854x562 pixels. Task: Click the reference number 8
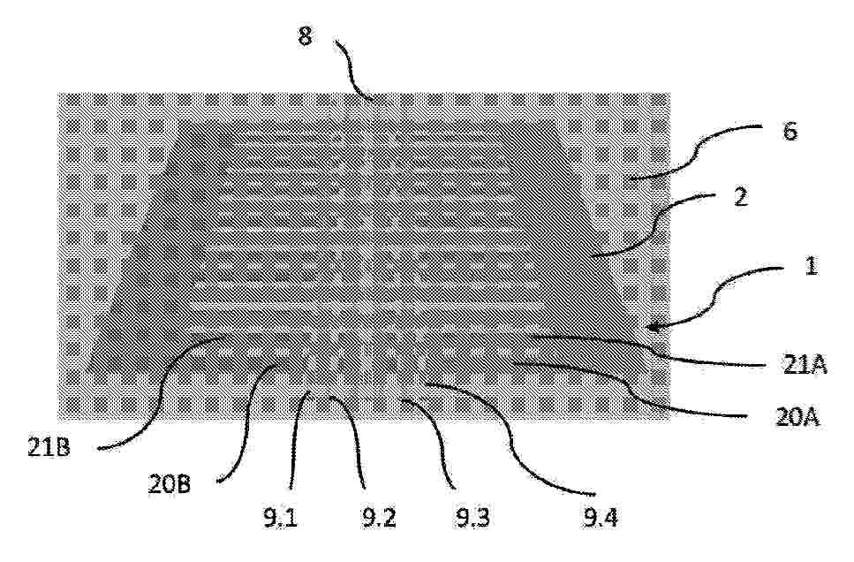click(x=305, y=36)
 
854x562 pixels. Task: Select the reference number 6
click(x=790, y=132)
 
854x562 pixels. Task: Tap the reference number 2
click(x=740, y=197)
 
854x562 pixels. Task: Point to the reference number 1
click(x=811, y=266)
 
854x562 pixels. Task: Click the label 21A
click(x=805, y=365)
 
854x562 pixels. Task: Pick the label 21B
click(x=49, y=448)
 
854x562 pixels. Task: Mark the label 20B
click(x=170, y=484)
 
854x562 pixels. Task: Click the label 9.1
click(x=281, y=517)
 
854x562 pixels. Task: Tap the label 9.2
click(x=379, y=517)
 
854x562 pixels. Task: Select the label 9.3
click(x=472, y=517)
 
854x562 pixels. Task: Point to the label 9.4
click(x=601, y=517)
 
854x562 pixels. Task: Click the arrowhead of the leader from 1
click(x=652, y=328)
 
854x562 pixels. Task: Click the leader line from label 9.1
click(x=295, y=437)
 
